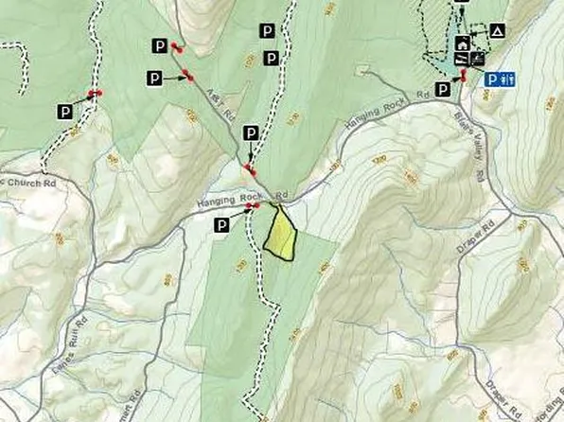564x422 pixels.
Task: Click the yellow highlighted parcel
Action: [x=281, y=236]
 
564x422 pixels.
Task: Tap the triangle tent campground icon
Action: [x=498, y=31]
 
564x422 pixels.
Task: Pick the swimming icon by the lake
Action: [x=463, y=60]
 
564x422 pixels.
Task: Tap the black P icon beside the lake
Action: [x=443, y=88]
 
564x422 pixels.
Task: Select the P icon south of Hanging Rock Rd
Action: [x=221, y=224]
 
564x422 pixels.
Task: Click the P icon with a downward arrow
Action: [x=251, y=132]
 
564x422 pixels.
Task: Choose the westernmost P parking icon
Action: [x=65, y=112]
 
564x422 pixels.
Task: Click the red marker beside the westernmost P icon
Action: [x=95, y=93]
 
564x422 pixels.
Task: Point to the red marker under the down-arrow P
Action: [x=250, y=170]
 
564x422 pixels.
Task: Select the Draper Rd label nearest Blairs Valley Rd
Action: [x=488, y=232]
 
